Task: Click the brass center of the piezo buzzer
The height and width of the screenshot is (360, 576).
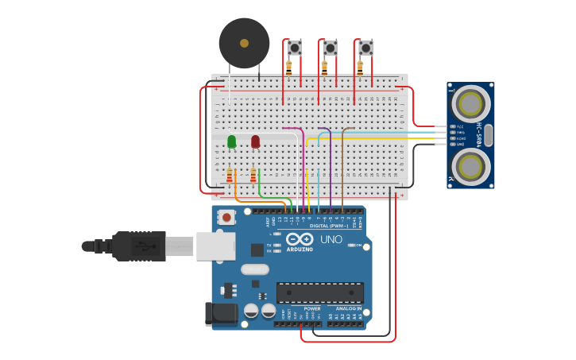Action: pyautogui.click(x=244, y=43)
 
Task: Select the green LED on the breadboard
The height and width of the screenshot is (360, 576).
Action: pyautogui.click(x=231, y=141)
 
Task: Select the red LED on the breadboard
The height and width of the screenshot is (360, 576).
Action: pyautogui.click(x=255, y=141)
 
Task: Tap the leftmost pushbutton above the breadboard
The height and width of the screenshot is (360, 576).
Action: pyautogui.click(x=294, y=48)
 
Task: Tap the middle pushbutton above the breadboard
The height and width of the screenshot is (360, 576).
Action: pyautogui.click(x=330, y=48)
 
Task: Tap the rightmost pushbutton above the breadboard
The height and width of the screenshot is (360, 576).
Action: pyautogui.click(x=365, y=48)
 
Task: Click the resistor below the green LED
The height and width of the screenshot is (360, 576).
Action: pyautogui.click(x=230, y=176)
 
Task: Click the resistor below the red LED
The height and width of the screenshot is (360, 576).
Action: pyautogui.click(x=253, y=176)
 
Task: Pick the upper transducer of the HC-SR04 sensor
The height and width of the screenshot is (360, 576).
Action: pyautogui.click(x=470, y=103)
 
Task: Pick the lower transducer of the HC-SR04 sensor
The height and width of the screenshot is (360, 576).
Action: pyautogui.click(x=470, y=165)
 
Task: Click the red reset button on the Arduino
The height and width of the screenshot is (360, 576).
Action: pyautogui.click(x=226, y=217)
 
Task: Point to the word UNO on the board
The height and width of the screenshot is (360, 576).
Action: pyautogui.click(x=331, y=239)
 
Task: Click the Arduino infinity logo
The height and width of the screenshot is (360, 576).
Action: pyautogui.click(x=300, y=238)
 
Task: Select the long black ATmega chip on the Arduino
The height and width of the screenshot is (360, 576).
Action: pyautogui.click(x=319, y=292)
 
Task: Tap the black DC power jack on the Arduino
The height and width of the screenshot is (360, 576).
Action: pyautogui.click(x=221, y=314)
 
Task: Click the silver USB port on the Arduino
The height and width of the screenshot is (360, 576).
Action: pyautogui.click(x=216, y=246)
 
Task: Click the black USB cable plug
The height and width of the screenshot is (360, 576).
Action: pyautogui.click(x=139, y=246)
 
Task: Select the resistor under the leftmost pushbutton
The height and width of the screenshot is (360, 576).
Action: pyautogui.click(x=288, y=68)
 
